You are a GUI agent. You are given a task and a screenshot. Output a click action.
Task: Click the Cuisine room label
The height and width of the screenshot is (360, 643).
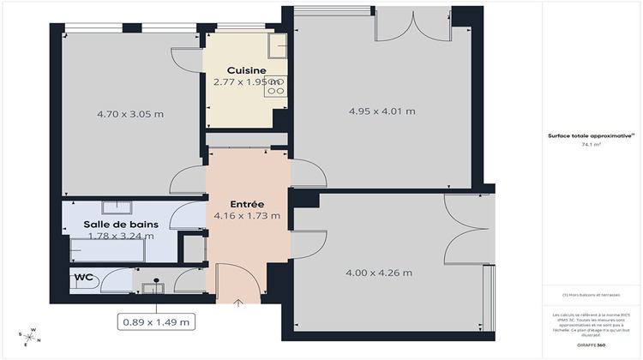246,70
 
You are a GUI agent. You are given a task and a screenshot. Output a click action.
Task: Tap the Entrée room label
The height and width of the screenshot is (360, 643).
247,202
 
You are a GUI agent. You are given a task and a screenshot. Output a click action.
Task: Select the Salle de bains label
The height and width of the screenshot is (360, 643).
118,224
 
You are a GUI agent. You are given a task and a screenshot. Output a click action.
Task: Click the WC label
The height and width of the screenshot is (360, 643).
83,278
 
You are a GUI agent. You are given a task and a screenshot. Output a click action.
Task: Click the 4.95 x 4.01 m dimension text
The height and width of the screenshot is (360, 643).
382,111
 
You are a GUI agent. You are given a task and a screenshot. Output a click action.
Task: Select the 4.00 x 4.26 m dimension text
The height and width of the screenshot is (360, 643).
378,273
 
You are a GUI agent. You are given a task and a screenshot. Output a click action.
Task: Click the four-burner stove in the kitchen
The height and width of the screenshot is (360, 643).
275,86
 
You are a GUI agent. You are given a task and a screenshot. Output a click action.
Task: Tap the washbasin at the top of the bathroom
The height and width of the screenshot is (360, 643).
115,207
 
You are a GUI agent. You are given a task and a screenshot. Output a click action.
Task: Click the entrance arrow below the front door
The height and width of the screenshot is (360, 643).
237,302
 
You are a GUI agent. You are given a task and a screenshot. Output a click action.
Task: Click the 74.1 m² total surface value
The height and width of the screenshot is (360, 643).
591,145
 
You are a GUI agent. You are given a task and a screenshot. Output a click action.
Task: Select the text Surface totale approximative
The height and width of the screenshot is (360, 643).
591,135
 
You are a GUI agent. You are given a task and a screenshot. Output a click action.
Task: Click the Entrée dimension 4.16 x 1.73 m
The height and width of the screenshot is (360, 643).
247,216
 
